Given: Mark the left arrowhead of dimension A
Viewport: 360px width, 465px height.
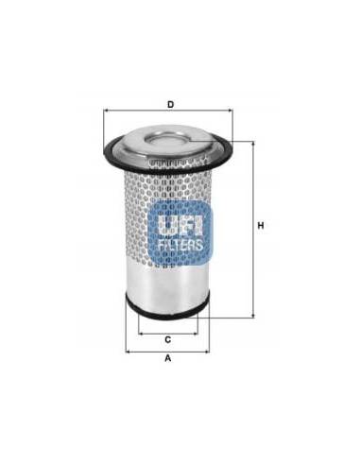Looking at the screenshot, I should [x=128, y=350].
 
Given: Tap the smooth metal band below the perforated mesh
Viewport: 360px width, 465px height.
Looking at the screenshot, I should [x=167, y=284].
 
